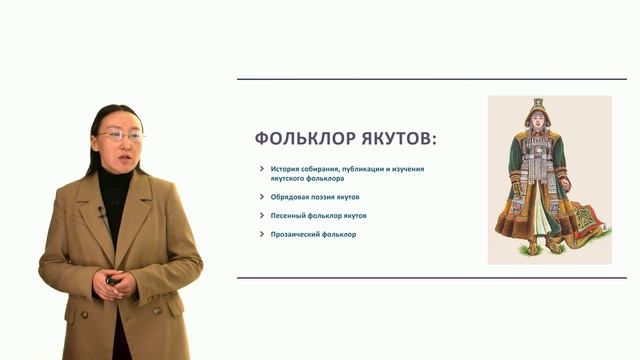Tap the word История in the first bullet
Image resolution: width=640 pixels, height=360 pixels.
288,168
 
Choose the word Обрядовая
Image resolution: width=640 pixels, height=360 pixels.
293,197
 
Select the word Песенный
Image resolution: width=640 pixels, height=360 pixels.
291,215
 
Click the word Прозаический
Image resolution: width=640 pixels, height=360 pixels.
298,234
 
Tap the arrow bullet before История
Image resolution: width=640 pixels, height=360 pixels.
261,168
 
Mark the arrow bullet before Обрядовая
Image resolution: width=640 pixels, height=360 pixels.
261,197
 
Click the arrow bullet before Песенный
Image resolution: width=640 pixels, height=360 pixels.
261,215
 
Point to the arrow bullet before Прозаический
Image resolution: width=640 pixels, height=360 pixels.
261,234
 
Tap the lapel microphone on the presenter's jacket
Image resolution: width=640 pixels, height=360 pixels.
101,212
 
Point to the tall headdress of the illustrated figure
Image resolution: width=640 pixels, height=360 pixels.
539,105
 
